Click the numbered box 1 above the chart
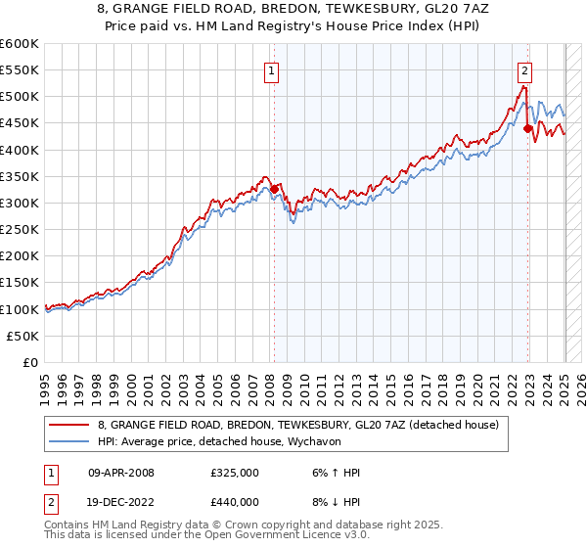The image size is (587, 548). click(270, 69)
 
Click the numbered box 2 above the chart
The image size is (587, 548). click(525, 69)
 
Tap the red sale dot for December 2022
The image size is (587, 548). click(528, 128)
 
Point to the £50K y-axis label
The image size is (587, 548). click(21, 336)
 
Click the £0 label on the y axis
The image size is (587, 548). click(31, 362)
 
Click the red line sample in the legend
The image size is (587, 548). click(69, 425)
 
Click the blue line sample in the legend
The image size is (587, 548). click(69, 441)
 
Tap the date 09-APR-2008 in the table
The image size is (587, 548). click(121, 473)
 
